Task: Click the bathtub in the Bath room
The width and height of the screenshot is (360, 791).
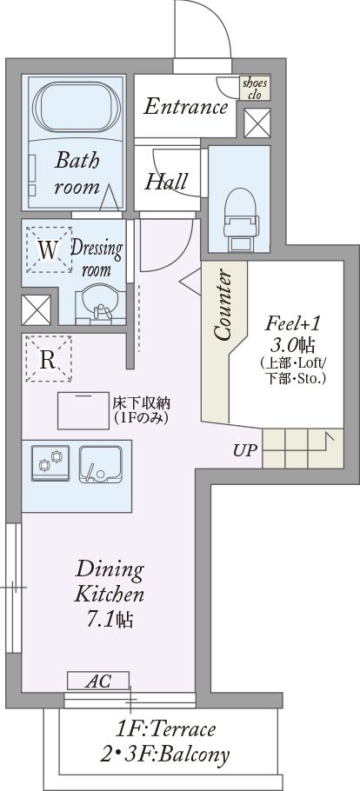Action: (x=77, y=108)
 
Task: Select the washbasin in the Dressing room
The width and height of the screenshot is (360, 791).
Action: (x=100, y=302)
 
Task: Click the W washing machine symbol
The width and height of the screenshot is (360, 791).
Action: (x=49, y=249)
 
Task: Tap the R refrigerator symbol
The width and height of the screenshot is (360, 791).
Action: (x=48, y=359)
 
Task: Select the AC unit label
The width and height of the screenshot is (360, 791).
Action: (x=98, y=681)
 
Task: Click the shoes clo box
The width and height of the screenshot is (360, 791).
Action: (x=255, y=89)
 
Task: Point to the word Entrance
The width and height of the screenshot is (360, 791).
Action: (x=185, y=107)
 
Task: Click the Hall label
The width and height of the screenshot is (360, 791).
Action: (x=166, y=181)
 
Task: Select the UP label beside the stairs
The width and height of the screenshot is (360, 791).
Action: (x=245, y=449)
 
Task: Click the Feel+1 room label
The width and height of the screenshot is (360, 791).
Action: (x=292, y=322)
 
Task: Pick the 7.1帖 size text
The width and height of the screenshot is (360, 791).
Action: (x=110, y=619)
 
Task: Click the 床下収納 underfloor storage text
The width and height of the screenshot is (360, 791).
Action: (x=142, y=403)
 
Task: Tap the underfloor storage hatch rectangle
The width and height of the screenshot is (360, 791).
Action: (x=83, y=410)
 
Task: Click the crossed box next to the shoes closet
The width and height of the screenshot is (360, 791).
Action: (x=257, y=123)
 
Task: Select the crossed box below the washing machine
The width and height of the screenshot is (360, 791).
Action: (x=36, y=309)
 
